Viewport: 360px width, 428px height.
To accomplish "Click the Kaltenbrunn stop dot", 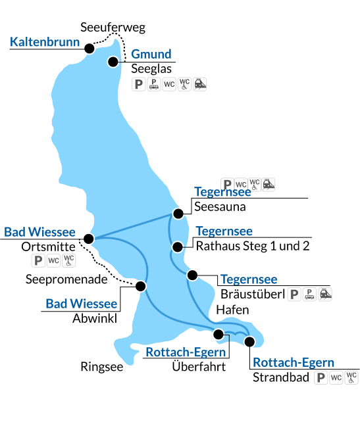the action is click(90, 49).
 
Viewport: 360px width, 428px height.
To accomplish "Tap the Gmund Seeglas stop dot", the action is click(113, 62).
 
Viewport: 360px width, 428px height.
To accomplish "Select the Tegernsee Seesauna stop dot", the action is click(178, 214).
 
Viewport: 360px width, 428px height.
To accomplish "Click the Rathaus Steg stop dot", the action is click(178, 247).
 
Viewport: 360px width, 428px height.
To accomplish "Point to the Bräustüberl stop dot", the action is click(192, 275).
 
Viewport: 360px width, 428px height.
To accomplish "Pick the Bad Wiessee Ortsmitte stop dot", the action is click(89, 239).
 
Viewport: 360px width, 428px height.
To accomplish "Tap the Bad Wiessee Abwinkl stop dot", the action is click(141, 287).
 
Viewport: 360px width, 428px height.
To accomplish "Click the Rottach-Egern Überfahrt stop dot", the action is click(219, 334).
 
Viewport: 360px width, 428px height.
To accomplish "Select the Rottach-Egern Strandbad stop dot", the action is click(249, 342).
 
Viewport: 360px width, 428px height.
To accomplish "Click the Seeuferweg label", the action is click(113, 28).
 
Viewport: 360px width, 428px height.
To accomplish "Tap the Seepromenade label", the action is click(66, 279).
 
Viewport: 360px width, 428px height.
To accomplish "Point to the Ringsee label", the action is click(102, 367).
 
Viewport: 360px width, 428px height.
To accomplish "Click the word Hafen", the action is click(232, 310).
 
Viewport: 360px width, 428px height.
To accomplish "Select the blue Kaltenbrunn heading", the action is click(45, 42).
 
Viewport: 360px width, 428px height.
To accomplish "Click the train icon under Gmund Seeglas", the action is click(199, 84).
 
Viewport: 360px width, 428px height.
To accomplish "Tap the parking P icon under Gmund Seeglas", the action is click(138, 84).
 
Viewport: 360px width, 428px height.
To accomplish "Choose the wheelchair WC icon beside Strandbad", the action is click(351, 377).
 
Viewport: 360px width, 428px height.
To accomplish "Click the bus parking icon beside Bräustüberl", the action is click(309, 295).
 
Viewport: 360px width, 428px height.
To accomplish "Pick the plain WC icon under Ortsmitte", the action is click(53, 260).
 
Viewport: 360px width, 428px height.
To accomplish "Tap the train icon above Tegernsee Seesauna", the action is click(269, 184).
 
